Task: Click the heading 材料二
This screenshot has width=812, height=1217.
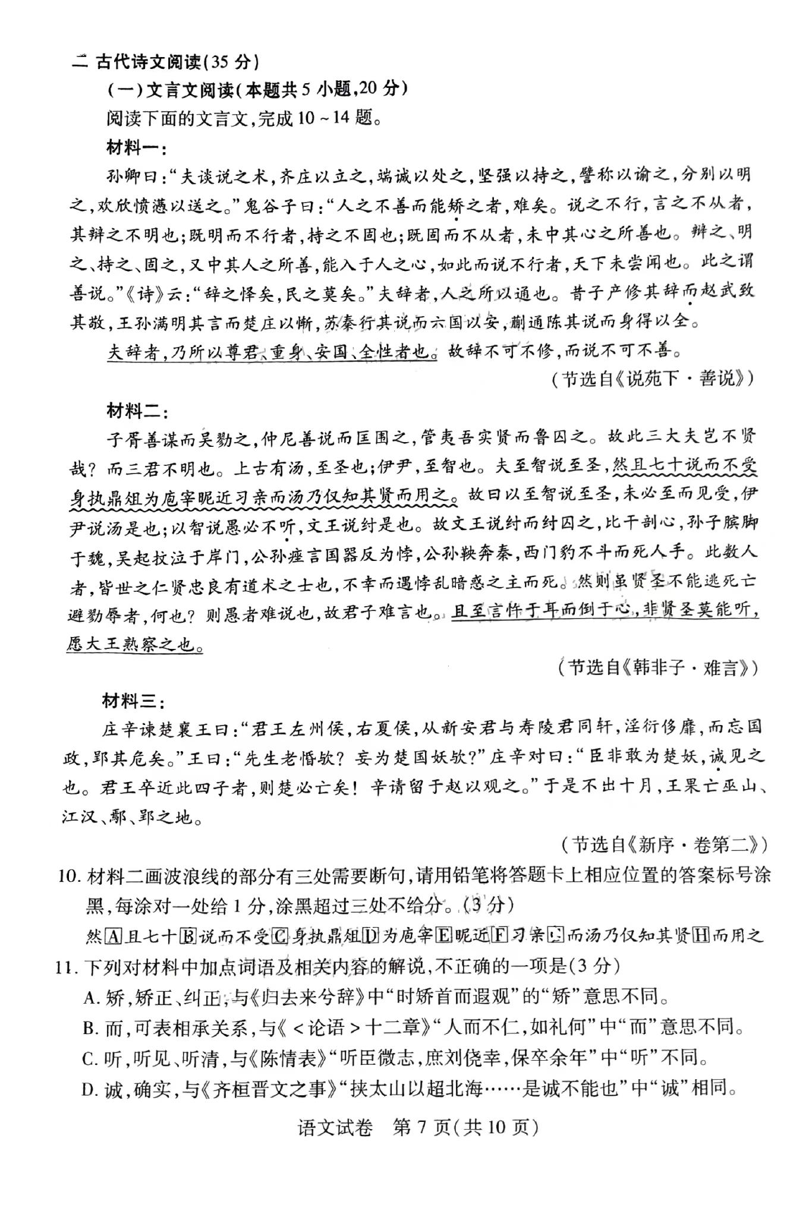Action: (135, 411)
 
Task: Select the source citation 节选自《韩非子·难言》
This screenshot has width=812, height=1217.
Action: (658, 669)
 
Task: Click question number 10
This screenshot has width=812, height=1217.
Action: (69, 876)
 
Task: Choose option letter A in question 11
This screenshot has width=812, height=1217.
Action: (91, 998)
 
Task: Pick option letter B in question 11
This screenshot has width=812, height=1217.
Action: (90, 1028)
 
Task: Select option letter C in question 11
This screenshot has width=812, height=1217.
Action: (90, 1058)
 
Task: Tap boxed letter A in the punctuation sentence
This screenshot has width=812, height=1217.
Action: (113, 937)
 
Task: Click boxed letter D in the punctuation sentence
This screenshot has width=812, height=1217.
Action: (371, 937)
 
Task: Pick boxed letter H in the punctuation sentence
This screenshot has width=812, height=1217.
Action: (701, 937)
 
